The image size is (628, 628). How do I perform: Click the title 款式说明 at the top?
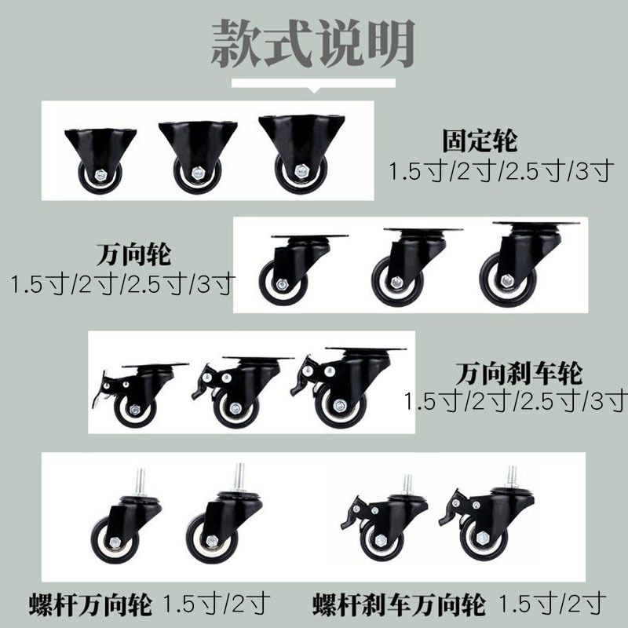point(312,44)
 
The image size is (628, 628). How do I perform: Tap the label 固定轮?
point(480,141)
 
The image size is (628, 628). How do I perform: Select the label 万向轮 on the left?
point(133,254)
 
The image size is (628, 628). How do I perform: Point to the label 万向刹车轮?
point(519,374)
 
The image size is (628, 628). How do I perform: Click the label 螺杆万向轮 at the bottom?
point(90,604)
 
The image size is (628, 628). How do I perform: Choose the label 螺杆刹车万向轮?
point(399,604)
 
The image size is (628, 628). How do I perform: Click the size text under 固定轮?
point(501,170)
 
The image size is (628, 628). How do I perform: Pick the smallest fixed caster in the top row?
point(100,160)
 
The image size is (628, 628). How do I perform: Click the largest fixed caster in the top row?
point(301,154)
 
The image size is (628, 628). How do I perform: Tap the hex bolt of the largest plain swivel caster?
point(507,280)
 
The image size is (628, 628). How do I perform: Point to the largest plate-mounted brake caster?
point(347,387)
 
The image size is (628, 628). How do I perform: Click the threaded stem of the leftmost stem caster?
point(140,482)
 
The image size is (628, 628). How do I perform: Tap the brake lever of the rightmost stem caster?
point(452,508)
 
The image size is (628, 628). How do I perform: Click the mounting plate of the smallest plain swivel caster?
point(309,237)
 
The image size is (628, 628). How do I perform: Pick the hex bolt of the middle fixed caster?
point(198,173)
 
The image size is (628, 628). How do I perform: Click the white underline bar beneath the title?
point(313,83)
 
